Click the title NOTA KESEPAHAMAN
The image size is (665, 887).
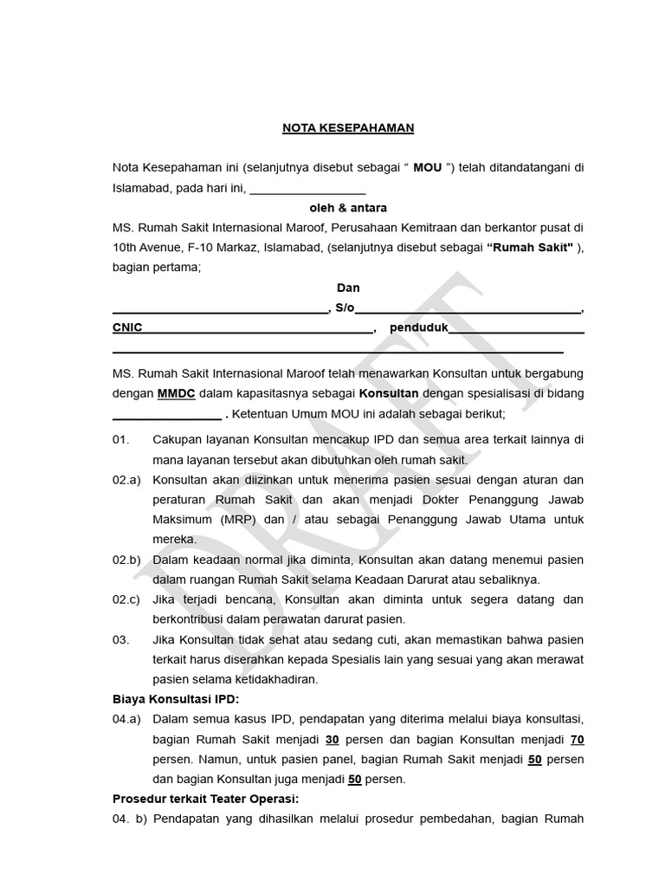348,128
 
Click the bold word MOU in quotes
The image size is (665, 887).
428,167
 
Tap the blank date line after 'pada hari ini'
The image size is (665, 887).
307,188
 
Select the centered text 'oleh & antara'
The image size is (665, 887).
348,208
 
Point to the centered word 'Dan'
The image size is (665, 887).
348,288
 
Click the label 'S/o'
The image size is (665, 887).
344,308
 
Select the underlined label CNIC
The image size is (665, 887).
127,328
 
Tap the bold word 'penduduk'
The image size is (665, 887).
418,328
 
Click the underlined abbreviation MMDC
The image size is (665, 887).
176,393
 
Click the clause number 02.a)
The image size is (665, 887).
126,480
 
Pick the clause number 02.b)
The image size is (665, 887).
126,560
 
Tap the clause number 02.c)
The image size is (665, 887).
126,599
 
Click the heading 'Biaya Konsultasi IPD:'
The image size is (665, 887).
176,699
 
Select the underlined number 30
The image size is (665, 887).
332,739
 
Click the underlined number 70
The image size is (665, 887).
577,739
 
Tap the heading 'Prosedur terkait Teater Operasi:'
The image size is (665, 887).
205,799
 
